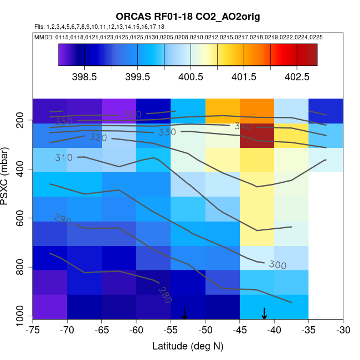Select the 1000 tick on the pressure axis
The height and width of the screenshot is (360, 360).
point(20,317)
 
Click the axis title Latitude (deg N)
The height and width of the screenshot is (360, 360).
point(188,346)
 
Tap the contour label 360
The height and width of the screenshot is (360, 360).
point(132,115)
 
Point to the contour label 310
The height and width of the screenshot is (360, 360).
point(64,158)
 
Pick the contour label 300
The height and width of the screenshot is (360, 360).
point(277,265)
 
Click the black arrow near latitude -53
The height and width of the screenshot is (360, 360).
point(184,313)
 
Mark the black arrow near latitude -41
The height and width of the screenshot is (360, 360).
point(264,313)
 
